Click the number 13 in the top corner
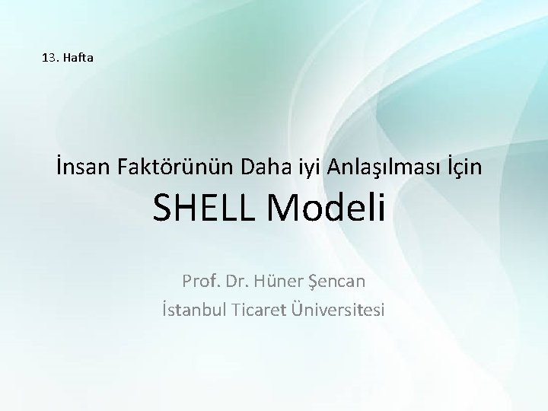[x=50, y=56]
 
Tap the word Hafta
[x=78, y=56]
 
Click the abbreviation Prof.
[x=199, y=281]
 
